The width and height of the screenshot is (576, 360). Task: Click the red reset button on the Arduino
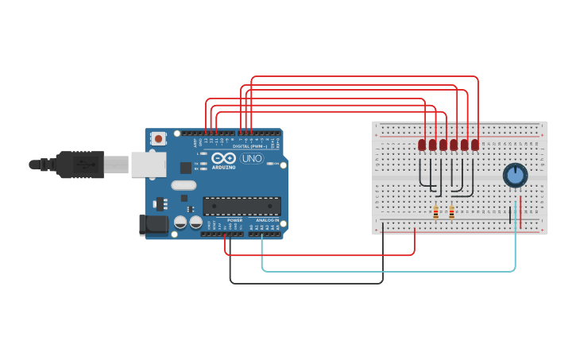pos(158,138)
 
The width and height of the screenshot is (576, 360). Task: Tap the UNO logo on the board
pos(252,158)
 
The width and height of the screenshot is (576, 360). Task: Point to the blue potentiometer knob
pos(515,175)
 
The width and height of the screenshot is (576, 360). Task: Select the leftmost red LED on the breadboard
pos(422,145)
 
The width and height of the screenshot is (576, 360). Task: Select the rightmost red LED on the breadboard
pos(475,145)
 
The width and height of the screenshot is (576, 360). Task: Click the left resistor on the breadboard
pos(435,212)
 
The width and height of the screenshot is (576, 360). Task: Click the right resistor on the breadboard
pos(451,212)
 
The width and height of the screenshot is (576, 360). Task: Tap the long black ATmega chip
pos(242,206)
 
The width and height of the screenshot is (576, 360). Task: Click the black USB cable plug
pos(79,165)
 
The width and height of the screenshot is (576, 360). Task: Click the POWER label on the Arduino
pos(234,220)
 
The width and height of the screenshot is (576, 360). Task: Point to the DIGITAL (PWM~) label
pos(248,146)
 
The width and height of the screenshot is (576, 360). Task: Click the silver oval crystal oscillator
pos(183,186)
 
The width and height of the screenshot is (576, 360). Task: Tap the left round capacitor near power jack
pos(180,223)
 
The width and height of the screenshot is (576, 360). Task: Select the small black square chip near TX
pos(186,168)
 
